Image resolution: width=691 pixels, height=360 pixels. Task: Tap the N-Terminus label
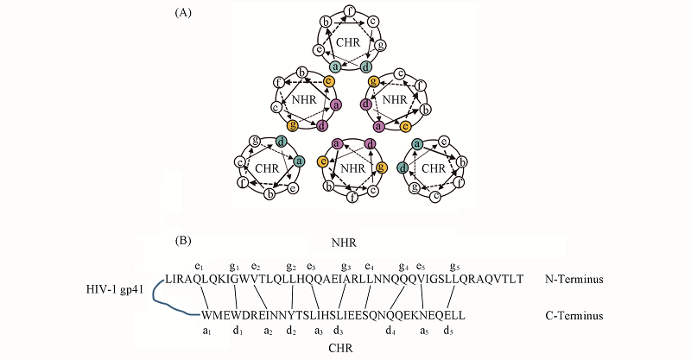(574, 280)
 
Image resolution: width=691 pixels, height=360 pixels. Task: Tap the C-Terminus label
(574, 316)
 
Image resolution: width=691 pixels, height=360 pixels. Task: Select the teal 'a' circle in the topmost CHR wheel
(335, 66)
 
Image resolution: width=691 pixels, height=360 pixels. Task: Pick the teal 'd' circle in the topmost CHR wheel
(366, 66)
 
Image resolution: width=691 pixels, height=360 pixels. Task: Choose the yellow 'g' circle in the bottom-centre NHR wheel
(382, 167)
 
